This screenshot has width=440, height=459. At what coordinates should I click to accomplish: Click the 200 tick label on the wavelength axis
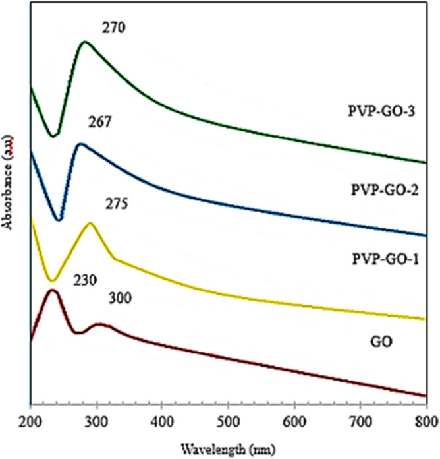(30, 421)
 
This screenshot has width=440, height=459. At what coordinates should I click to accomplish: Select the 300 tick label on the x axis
(96, 421)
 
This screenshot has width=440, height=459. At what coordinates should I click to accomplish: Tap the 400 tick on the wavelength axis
(163, 421)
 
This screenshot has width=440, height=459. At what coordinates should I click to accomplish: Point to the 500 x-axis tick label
(229, 421)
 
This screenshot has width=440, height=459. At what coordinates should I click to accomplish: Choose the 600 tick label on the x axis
(294, 421)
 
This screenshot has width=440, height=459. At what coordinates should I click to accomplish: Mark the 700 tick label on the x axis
(360, 421)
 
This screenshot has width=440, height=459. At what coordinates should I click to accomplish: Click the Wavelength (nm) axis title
(228, 449)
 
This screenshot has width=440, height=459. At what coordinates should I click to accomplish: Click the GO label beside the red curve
(379, 341)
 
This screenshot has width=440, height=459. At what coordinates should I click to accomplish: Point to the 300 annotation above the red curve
(121, 299)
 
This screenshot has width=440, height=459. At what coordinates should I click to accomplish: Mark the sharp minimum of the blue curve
(60, 220)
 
